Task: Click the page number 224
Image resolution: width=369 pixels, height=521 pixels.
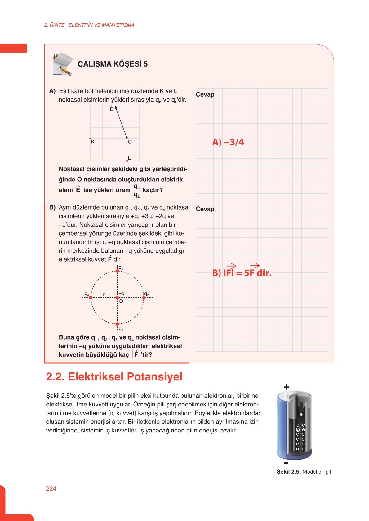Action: point(51,488)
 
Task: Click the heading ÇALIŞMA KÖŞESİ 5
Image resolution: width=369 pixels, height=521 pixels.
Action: point(113,64)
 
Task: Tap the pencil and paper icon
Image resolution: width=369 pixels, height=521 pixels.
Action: point(63,64)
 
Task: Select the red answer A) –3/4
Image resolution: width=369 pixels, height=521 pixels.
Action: point(228,142)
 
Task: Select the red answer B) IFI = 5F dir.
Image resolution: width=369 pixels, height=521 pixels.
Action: point(242,273)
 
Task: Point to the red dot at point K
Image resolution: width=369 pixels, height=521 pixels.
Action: point(90,138)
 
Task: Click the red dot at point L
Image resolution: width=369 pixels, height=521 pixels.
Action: point(127,161)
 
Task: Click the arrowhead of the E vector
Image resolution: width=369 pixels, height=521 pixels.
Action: point(116,107)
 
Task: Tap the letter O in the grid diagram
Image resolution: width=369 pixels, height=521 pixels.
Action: point(130,142)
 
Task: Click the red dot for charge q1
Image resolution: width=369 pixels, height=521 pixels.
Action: point(117,271)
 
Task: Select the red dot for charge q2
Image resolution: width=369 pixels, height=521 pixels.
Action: point(144,297)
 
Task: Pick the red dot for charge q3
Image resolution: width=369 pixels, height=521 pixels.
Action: point(117,324)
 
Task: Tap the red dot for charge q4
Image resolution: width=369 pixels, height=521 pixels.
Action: point(91,297)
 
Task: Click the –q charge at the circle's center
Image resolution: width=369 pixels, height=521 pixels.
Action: point(117,297)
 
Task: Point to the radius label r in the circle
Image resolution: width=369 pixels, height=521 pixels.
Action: point(104,294)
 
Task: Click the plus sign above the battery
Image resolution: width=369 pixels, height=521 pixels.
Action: point(286,387)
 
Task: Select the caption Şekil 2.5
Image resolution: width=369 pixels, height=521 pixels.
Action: point(303,472)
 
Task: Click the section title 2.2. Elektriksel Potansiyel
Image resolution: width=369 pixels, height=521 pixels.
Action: point(114,377)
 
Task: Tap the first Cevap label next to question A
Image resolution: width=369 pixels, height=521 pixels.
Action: point(205,94)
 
